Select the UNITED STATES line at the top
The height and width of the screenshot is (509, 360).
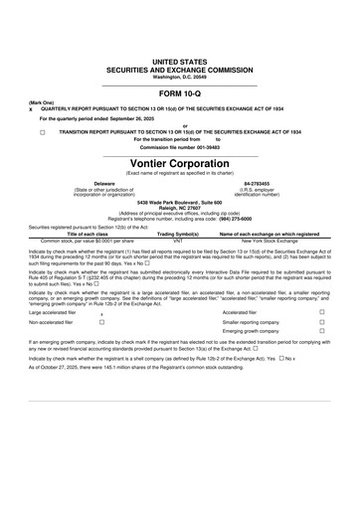[x=179, y=62]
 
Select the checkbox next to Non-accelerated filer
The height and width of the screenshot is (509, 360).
[x=103, y=351]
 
